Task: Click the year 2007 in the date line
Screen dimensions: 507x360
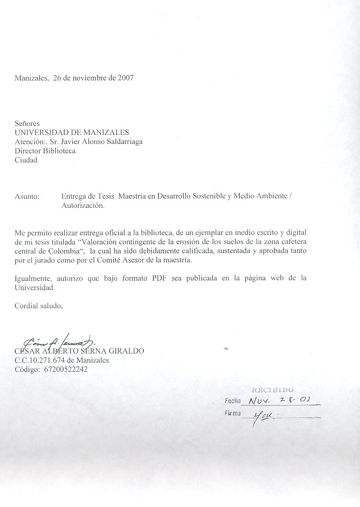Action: pyautogui.click(x=125, y=78)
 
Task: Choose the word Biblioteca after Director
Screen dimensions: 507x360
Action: pyautogui.click(x=60, y=151)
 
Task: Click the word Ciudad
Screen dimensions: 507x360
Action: pyautogui.click(x=26, y=160)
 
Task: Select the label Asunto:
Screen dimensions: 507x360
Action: pyautogui.click(x=27, y=196)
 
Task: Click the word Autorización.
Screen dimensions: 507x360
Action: pyautogui.click(x=82, y=206)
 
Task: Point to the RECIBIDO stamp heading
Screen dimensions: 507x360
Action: pyautogui.click(x=272, y=390)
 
